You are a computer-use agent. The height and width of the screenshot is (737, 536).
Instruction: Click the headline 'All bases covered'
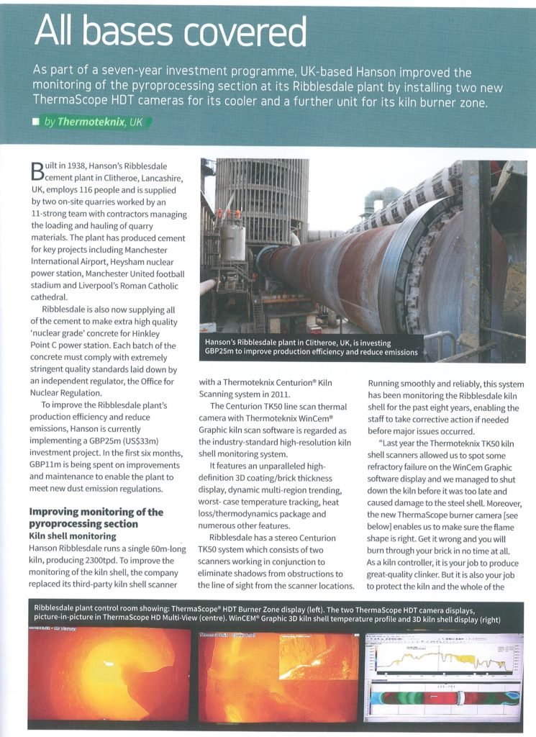pyautogui.click(x=171, y=32)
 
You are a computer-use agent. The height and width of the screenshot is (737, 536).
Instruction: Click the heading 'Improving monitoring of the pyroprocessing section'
pyautogui.click(x=95, y=518)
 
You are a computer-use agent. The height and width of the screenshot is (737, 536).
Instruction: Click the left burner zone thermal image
pyautogui.click(x=109, y=674)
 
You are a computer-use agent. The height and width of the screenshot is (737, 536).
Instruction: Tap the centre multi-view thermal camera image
pyautogui.click(x=277, y=674)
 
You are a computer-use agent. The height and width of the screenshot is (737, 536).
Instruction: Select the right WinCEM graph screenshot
pyautogui.click(x=444, y=674)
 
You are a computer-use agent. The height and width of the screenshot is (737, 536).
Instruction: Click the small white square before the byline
pyautogui.click(x=35, y=122)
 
